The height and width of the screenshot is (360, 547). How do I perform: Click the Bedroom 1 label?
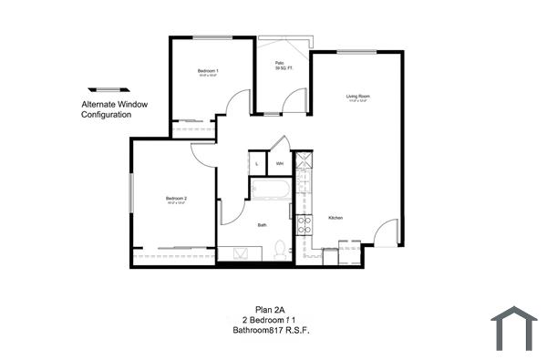coord(208,70)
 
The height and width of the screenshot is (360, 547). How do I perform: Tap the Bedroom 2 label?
coord(176,199)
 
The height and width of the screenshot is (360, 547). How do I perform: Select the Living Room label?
coord(356,96)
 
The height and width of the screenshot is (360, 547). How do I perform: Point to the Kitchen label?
coord(335,218)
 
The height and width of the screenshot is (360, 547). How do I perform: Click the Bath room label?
coord(262,224)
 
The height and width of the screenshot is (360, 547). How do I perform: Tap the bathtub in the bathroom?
coord(270,191)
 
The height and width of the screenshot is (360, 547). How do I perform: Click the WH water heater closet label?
coord(280,164)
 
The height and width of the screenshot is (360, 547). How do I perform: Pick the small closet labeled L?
coord(258,164)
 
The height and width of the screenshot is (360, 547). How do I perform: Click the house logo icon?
coord(513,328)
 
